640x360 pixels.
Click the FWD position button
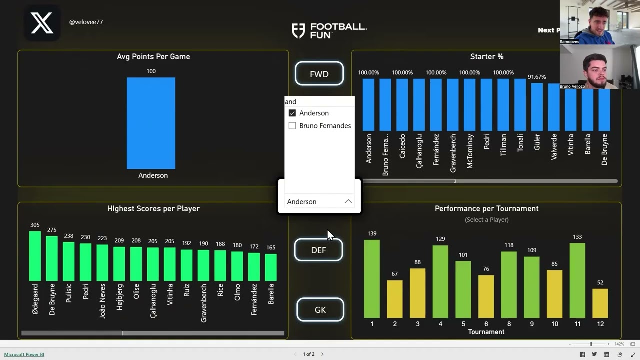(319, 74)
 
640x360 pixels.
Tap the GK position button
(320, 310)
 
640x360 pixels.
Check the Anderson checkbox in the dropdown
(292, 113)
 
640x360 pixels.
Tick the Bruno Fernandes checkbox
(292, 126)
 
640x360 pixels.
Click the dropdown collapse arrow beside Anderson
(348, 201)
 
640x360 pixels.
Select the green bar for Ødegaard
(35, 256)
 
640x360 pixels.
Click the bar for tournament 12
(600, 303)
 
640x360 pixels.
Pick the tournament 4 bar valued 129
(440, 281)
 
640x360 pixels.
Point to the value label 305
(35, 225)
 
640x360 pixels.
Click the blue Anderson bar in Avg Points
(151, 123)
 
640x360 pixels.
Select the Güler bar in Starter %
(537, 107)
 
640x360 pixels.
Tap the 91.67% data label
(537, 77)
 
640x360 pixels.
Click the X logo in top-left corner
(42, 23)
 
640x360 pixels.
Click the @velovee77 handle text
(86, 22)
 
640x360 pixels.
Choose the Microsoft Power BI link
(24, 354)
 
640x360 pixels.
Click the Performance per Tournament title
(486, 208)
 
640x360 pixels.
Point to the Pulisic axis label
(69, 298)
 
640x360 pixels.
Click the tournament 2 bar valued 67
(395, 299)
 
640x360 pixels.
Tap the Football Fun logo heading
(329, 30)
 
